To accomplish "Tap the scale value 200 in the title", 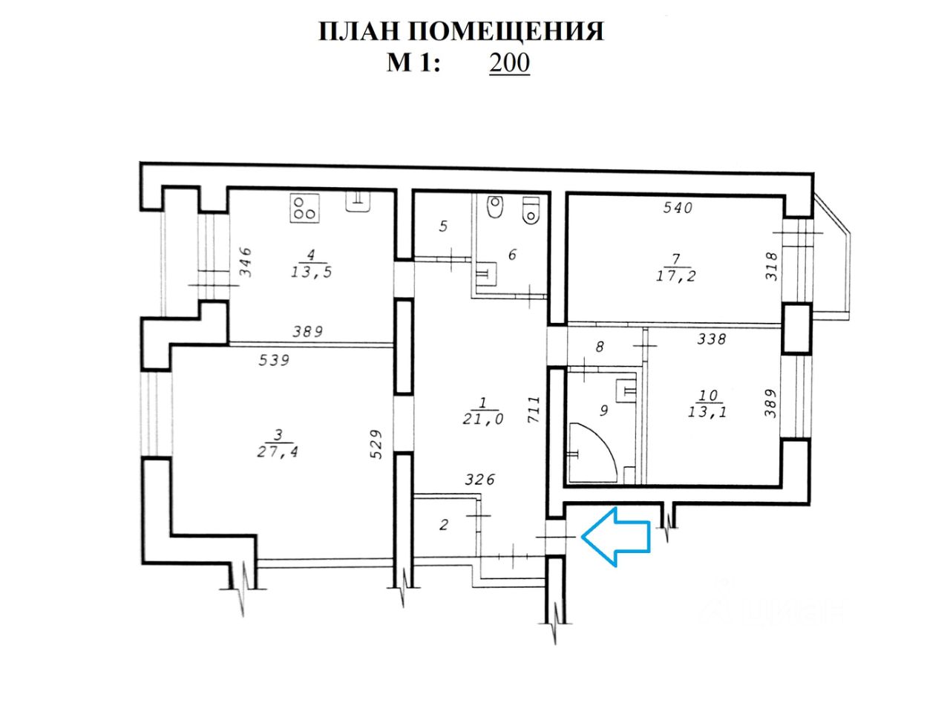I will point(509,63).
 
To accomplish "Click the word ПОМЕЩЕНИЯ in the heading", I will point(507,32).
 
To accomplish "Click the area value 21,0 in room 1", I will point(484,419).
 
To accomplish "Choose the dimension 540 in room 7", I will point(677,208).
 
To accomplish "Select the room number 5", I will point(442,226).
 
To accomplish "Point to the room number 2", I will point(444,526).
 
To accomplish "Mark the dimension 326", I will point(479,480).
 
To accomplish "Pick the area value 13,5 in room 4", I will point(311,272).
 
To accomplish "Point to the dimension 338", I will point(711,340).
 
